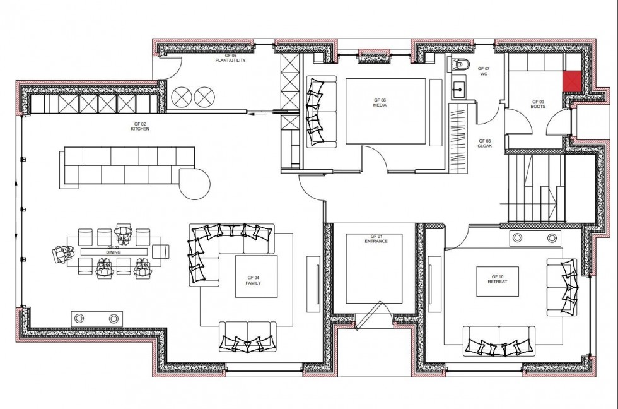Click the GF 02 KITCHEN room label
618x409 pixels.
(139, 126)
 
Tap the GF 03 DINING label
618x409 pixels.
(114, 250)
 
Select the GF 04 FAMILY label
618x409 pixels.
(253, 280)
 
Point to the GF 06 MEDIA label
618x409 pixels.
(380, 103)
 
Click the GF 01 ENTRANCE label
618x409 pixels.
(375, 239)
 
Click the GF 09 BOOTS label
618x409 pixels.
(538, 104)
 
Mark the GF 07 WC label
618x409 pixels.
(484, 71)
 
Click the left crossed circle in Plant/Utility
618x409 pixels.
(182, 97)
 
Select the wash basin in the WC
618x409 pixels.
(458, 86)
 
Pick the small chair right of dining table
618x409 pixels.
(161, 251)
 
